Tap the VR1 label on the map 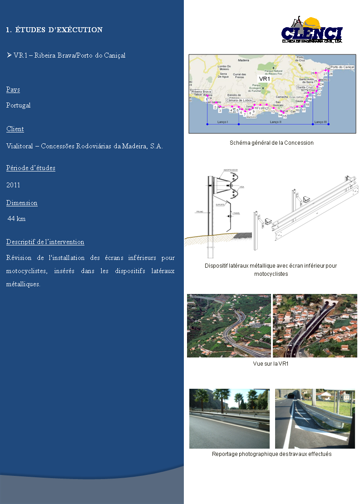[264, 78]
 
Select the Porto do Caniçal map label [342, 67]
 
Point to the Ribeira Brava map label [201, 92]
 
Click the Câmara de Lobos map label [238, 100]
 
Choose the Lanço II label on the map [275, 122]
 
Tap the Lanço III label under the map [321, 122]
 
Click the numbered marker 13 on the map [273, 111]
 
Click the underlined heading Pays [13, 90]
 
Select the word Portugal [19, 105]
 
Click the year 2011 [13, 185]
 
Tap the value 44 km [16, 219]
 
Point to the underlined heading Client [15, 129]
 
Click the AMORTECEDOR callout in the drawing [230, 170]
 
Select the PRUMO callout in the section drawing [199, 211]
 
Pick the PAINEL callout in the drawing [237, 213]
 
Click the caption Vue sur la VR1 [271, 364]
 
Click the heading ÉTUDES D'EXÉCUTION [54, 30]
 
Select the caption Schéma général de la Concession [271, 143]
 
